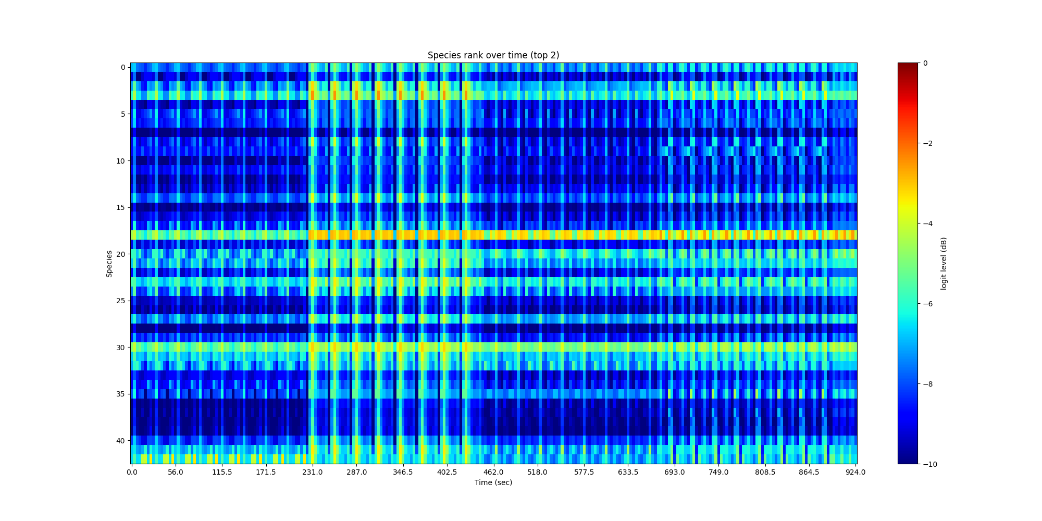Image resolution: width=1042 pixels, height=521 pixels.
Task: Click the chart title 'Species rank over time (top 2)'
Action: (493, 55)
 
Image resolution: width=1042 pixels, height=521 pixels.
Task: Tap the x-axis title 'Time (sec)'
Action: (493, 482)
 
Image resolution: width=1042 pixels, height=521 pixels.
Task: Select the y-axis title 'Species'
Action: (109, 264)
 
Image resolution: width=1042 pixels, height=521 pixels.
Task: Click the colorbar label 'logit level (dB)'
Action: (944, 264)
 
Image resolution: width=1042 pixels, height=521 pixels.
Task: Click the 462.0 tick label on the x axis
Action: (493, 473)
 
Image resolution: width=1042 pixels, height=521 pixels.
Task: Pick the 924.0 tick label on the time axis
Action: (855, 473)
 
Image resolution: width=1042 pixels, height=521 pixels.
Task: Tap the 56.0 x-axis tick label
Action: (176, 473)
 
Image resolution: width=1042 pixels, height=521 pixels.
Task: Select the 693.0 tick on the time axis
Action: (674, 473)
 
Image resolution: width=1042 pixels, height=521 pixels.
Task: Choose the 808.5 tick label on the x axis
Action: (765, 473)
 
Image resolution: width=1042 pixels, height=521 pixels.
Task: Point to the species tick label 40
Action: (120, 441)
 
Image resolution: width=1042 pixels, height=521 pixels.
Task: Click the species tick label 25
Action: (120, 301)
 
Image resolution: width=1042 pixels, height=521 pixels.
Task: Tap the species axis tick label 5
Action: (122, 114)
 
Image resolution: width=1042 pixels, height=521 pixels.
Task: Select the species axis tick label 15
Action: (120, 207)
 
